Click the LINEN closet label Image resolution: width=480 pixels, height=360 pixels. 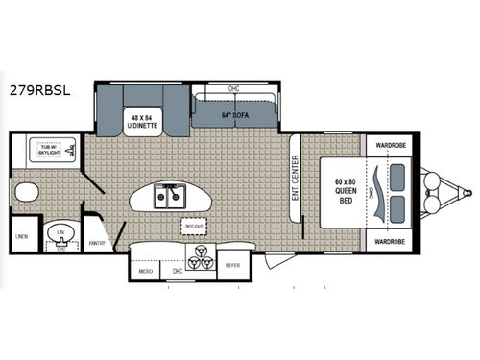[x=20, y=235]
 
